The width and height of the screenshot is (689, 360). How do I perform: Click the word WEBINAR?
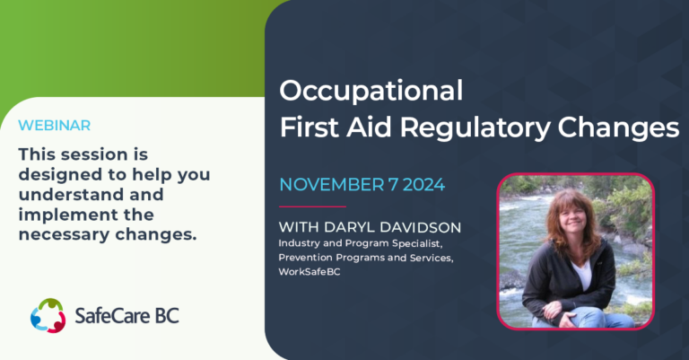pos(55,126)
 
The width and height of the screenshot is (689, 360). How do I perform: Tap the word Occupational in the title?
pos(371,91)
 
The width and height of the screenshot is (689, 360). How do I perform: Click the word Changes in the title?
pos(618,127)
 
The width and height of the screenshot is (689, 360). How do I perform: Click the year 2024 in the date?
pos(423,185)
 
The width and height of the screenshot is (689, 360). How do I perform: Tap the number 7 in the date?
pos(393,185)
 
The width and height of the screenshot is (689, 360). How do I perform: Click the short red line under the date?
pos(312,206)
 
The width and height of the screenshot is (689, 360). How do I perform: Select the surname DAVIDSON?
pos(420,227)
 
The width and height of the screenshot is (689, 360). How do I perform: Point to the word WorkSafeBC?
pos(310,272)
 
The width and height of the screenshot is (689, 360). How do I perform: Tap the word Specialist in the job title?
pos(416,243)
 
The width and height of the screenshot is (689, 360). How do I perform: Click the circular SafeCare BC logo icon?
pos(48,315)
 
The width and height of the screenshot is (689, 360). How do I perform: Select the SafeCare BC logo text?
pos(127,316)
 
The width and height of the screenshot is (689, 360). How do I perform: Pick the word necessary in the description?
pos(64,235)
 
